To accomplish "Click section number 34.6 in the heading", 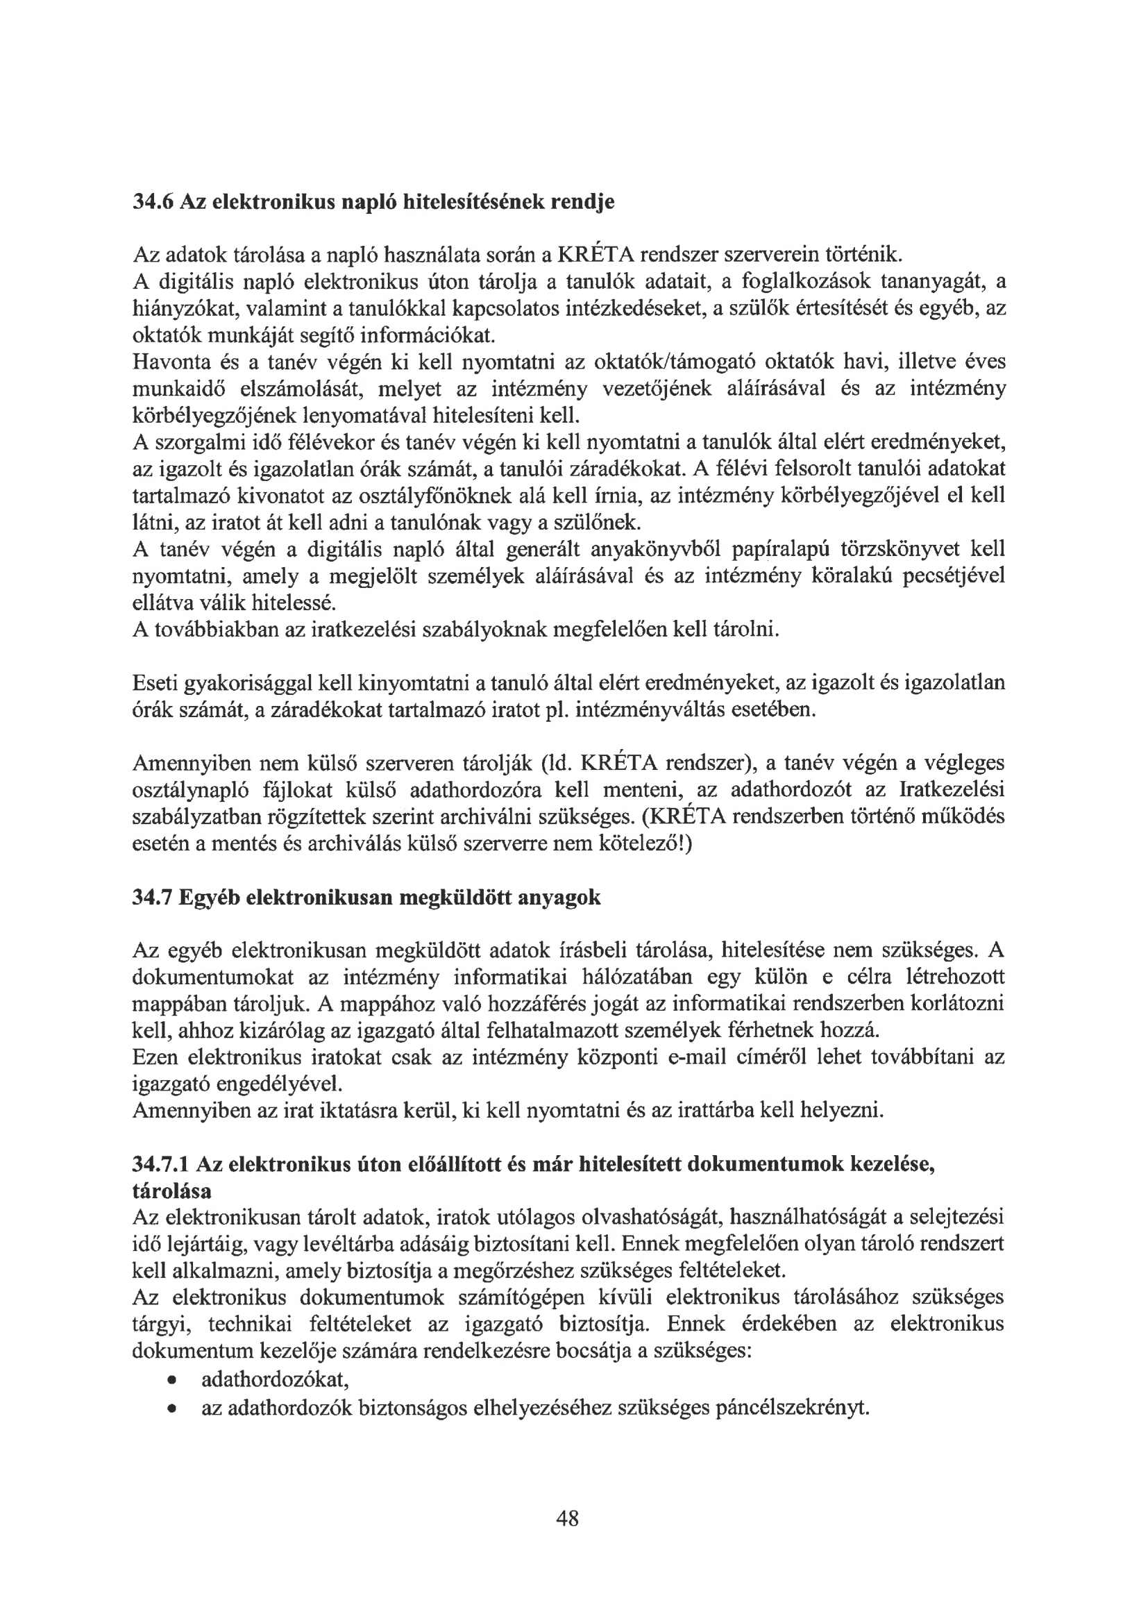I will pos(153,202).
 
